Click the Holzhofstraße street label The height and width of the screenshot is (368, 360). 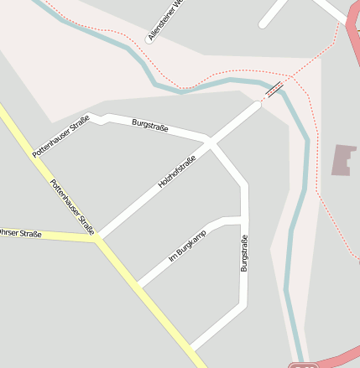click(x=176, y=172)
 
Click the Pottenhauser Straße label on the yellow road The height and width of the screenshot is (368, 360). click(x=72, y=207)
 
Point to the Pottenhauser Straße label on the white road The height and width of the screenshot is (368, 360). click(x=60, y=136)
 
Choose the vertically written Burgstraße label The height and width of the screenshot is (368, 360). click(x=244, y=254)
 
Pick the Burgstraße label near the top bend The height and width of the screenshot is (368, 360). click(x=150, y=127)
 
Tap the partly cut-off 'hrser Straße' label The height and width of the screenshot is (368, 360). click(x=20, y=233)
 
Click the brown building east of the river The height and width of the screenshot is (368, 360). click(x=343, y=160)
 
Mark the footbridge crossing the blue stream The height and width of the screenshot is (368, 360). click(x=274, y=90)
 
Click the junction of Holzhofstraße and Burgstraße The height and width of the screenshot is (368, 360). click(x=210, y=143)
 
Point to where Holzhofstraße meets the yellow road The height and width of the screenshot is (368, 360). click(x=98, y=241)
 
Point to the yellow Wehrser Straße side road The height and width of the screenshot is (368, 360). click(x=50, y=236)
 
